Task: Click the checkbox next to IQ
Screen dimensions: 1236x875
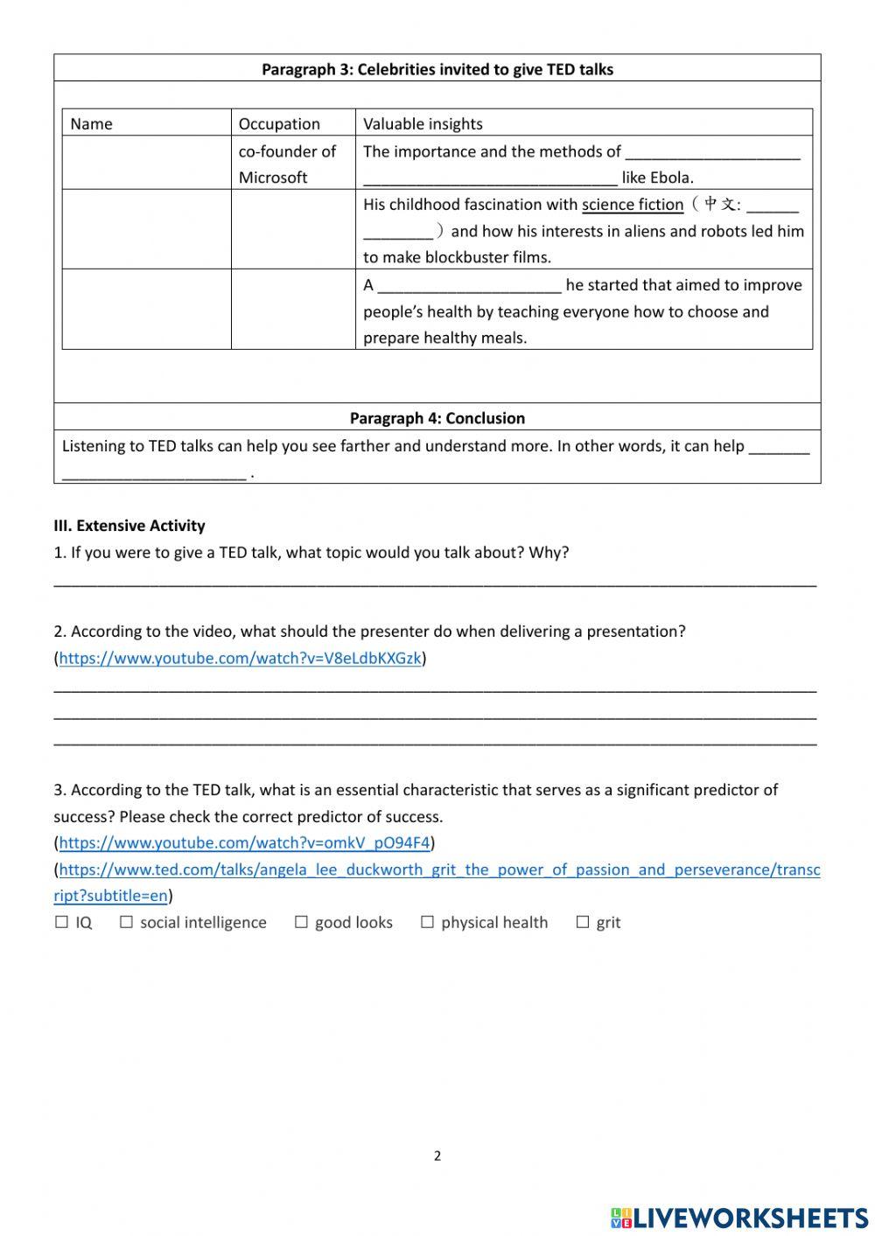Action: (61, 922)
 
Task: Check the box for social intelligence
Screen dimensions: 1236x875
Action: (126, 922)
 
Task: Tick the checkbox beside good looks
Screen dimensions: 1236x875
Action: (301, 922)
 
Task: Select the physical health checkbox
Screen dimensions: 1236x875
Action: (427, 922)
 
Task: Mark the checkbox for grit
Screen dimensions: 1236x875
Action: (583, 922)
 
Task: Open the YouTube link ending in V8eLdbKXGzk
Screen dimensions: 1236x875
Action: (240, 658)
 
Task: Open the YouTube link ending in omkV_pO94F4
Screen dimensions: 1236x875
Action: (244, 842)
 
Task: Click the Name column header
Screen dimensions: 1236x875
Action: (91, 123)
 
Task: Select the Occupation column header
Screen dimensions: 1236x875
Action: (279, 123)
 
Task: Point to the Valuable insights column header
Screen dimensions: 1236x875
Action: (423, 123)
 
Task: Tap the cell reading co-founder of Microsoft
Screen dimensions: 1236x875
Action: (287, 164)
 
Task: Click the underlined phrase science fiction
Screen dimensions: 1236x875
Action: (633, 205)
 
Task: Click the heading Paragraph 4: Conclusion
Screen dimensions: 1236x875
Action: (437, 418)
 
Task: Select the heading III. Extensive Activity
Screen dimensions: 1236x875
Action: (129, 526)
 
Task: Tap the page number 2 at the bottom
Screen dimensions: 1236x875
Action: (437, 1156)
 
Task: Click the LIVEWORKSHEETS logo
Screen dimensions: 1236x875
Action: (738, 1218)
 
